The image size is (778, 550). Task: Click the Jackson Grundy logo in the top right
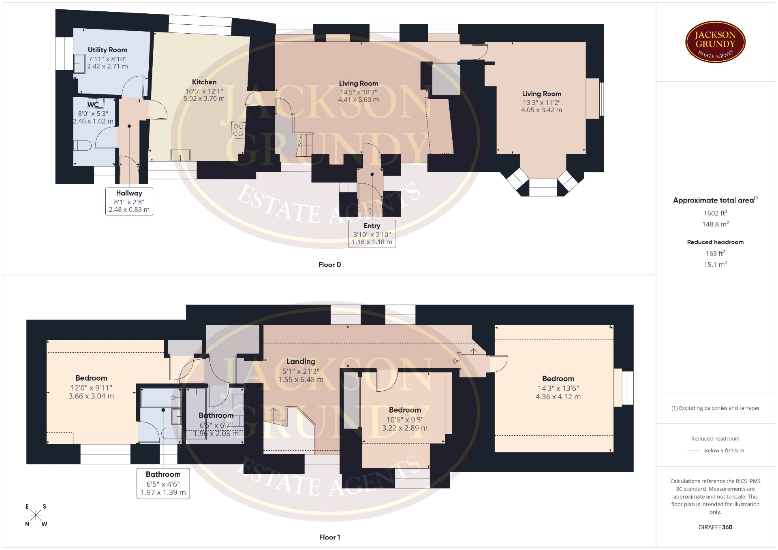715,42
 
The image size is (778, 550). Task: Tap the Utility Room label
107,50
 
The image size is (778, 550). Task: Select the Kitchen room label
204,82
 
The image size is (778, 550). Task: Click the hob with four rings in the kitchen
238,130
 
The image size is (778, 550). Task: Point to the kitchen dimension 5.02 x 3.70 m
204,98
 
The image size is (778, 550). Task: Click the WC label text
93,104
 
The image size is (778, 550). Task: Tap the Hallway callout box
129,201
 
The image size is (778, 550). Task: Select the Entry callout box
372,234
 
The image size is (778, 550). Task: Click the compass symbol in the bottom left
36,515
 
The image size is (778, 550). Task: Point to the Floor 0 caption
329,264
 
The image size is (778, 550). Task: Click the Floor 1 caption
329,537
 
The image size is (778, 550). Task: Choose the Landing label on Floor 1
301,361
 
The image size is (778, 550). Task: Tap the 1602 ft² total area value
715,213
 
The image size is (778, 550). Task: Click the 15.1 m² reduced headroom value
715,264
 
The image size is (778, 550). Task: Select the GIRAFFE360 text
715,527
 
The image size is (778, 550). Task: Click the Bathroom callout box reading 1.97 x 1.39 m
163,483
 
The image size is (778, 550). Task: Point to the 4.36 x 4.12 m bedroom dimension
558,397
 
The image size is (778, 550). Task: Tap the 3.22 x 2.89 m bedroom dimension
405,428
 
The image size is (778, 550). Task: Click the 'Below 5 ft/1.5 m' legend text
724,450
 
